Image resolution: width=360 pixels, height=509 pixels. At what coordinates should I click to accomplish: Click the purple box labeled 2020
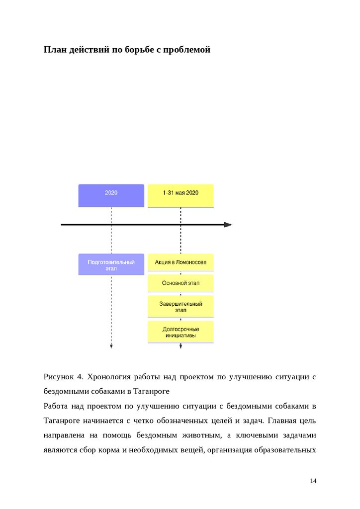[x=111, y=195]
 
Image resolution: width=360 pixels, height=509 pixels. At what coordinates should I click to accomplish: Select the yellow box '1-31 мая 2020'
[x=180, y=195]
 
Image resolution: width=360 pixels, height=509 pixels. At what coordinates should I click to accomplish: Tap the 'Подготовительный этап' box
[x=111, y=264]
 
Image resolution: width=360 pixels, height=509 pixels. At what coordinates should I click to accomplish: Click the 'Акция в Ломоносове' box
[x=180, y=262]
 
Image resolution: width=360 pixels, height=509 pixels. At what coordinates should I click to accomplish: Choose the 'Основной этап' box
[x=180, y=283]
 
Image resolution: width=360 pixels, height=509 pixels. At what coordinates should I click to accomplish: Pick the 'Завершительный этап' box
[x=180, y=306]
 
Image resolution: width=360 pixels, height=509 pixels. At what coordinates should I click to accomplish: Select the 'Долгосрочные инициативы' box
[x=180, y=332]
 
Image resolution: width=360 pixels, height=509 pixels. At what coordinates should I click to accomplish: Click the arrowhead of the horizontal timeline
[x=228, y=225]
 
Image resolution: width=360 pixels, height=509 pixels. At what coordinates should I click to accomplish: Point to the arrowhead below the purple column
[x=111, y=346]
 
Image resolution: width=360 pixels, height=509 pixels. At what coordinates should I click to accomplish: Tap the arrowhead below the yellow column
[x=180, y=346]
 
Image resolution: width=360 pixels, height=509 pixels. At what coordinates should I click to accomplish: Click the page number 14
[x=313, y=481]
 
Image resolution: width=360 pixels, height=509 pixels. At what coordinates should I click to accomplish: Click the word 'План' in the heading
[x=54, y=50]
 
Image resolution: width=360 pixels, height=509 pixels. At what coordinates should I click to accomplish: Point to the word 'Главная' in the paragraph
[x=282, y=421]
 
